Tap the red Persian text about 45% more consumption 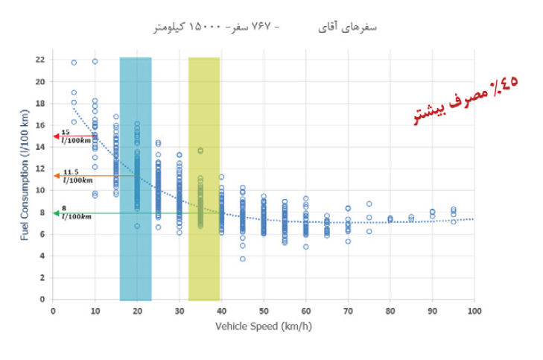click(468, 101)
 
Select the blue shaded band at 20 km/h click(136, 179)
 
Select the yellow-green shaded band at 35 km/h click(203, 179)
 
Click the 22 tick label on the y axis click(40, 59)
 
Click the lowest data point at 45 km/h click(243, 259)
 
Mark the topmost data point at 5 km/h click(74, 63)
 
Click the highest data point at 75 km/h click(369, 203)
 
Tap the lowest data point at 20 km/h click(137, 226)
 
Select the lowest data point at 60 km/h click(305, 246)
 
